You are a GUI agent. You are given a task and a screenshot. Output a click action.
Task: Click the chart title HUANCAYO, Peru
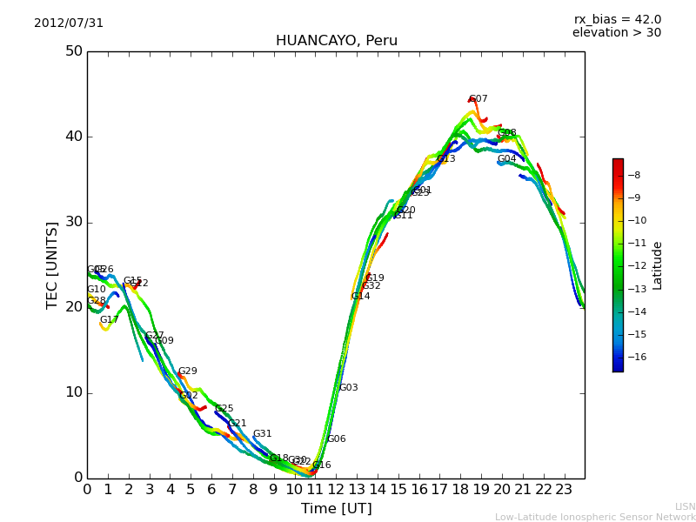(x=336, y=41)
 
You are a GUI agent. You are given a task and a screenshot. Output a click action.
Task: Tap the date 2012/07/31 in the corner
(x=69, y=23)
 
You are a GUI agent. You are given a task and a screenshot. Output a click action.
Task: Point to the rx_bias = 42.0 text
(x=617, y=20)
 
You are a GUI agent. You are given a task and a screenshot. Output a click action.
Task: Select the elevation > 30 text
(x=616, y=33)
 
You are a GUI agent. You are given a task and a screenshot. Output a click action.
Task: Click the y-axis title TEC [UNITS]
(x=52, y=264)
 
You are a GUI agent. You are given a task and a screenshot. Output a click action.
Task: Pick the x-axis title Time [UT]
(x=336, y=508)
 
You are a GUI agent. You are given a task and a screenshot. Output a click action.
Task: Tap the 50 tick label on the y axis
(x=73, y=51)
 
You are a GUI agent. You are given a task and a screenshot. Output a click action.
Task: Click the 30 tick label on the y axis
(x=73, y=222)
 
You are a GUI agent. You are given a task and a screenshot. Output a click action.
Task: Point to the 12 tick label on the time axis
(x=336, y=490)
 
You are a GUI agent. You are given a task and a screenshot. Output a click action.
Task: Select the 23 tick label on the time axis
(x=564, y=490)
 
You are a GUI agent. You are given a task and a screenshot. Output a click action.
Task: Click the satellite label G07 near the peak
(x=478, y=99)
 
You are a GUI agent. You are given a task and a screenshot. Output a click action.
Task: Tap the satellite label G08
(x=507, y=133)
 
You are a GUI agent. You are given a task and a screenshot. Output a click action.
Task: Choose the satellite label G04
(x=507, y=159)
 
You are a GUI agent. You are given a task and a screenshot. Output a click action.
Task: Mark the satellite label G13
(x=446, y=159)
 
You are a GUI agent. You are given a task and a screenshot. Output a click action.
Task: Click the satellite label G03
(x=349, y=388)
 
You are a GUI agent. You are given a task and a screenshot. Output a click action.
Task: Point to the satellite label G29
(x=188, y=371)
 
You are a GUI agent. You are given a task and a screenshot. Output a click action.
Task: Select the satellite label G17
(x=109, y=320)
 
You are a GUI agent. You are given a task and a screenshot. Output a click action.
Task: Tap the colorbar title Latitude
(x=658, y=265)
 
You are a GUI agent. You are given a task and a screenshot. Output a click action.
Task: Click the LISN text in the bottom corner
(x=686, y=506)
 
